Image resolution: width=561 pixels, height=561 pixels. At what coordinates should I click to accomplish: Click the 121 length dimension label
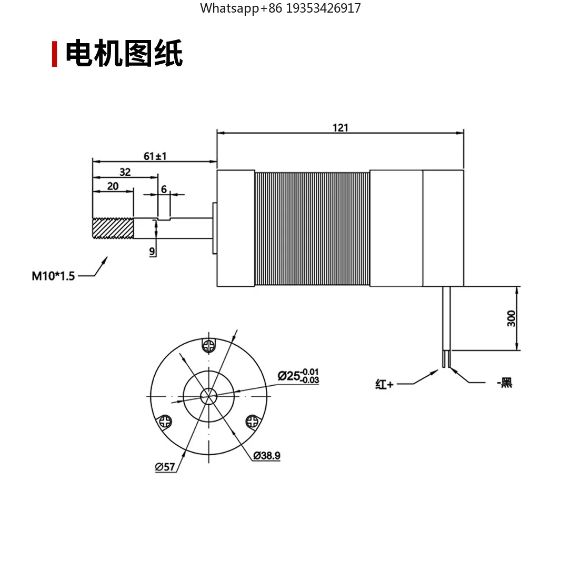(340, 128)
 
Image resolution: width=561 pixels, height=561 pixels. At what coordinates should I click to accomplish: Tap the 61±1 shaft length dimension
(155, 156)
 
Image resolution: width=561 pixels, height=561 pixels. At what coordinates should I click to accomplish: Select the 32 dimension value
(125, 172)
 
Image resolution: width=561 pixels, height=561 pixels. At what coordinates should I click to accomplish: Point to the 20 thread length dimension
(113, 186)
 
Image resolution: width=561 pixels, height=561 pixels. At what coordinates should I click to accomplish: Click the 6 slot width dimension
(164, 189)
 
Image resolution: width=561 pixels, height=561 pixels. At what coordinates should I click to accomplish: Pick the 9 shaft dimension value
(152, 252)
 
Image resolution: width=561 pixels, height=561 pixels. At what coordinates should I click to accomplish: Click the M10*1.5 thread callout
(53, 276)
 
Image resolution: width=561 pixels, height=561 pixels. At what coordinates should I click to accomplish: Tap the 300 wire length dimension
(512, 318)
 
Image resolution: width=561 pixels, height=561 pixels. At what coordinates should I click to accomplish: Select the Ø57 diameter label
(165, 467)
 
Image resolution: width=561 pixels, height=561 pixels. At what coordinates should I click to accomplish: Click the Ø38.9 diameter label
(266, 456)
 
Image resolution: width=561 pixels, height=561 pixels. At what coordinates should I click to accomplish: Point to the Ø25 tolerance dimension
(298, 376)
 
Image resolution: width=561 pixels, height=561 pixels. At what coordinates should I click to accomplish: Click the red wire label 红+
(384, 384)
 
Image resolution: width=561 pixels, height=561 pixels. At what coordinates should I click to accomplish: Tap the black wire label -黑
(505, 383)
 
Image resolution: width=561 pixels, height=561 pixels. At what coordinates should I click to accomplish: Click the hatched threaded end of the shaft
(113, 228)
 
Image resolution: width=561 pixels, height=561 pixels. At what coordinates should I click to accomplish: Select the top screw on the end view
(209, 346)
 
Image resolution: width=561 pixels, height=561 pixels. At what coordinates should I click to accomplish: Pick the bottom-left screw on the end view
(165, 422)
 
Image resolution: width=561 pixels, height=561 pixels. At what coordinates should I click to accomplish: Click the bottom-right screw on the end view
(252, 422)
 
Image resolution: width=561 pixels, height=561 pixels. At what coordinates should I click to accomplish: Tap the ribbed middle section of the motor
(313, 228)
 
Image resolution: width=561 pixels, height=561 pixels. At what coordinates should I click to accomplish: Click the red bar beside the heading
(54, 54)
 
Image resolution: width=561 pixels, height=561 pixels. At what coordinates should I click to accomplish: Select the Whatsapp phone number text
(280, 8)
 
